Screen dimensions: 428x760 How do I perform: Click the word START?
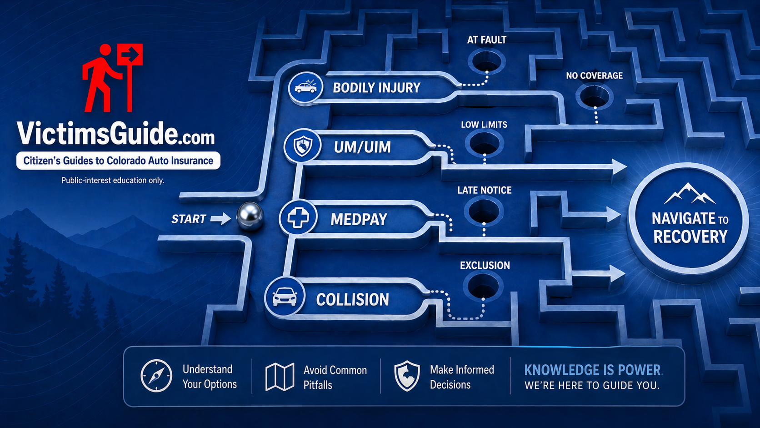(189, 219)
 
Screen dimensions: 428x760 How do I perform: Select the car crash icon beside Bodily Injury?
(305, 87)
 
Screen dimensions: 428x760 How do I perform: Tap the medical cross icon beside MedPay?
(298, 218)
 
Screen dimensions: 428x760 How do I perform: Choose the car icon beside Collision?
(285, 297)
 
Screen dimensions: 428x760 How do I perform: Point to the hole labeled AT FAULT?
(486, 61)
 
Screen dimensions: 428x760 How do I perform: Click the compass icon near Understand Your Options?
(156, 376)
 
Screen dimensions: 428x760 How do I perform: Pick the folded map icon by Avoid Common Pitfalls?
(280, 377)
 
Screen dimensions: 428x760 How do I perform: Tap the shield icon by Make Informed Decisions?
(407, 376)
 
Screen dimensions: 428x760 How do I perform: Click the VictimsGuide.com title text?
(115, 134)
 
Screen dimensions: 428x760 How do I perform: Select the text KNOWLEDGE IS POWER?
(593, 370)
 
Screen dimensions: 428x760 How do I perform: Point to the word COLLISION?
(352, 300)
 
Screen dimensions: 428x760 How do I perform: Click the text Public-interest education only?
(113, 181)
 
